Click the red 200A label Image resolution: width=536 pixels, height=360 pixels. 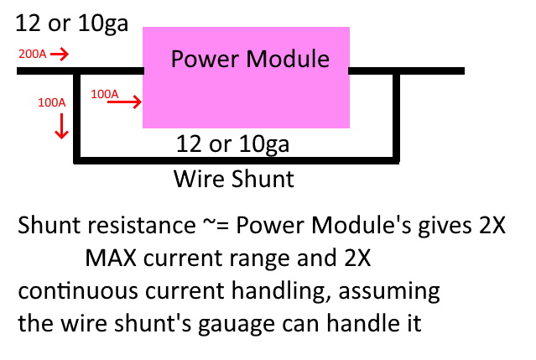(x=31, y=54)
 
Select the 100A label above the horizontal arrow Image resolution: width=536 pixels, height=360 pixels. (x=105, y=93)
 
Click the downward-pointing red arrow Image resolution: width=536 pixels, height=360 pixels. (x=60, y=127)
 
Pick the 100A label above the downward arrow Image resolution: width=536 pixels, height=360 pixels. (x=52, y=103)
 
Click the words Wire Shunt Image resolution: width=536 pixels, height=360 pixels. (x=234, y=178)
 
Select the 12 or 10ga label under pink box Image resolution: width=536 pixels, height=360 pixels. (x=233, y=143)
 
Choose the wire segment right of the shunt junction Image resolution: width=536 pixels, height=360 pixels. (x=432, y=71)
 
